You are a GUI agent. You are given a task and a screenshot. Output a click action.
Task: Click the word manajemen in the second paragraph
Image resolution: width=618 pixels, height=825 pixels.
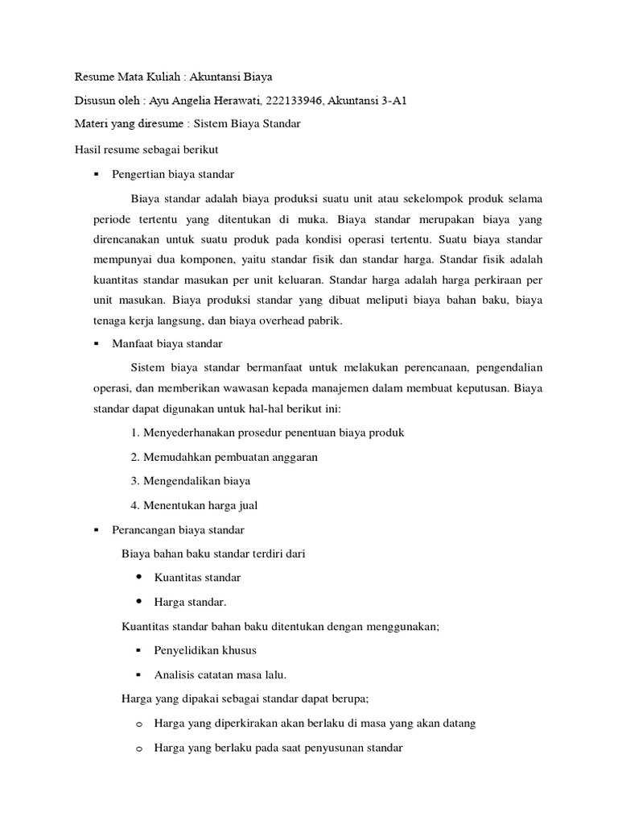point(361,388)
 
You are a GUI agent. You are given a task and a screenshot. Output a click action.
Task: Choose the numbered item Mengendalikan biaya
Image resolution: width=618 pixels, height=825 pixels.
point(196,481)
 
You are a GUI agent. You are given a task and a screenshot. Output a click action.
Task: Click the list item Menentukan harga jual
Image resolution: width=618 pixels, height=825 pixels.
point(200,505)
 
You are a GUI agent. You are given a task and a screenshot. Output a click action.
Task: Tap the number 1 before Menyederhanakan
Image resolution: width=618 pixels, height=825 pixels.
point(134,433)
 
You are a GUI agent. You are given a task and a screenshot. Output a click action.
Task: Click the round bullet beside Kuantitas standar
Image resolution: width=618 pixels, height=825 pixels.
point(139,578)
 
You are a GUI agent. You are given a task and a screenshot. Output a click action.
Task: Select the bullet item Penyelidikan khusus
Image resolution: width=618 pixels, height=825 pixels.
point(205,649)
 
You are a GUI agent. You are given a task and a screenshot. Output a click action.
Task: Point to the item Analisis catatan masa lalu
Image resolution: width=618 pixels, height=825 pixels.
point(220,674)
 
